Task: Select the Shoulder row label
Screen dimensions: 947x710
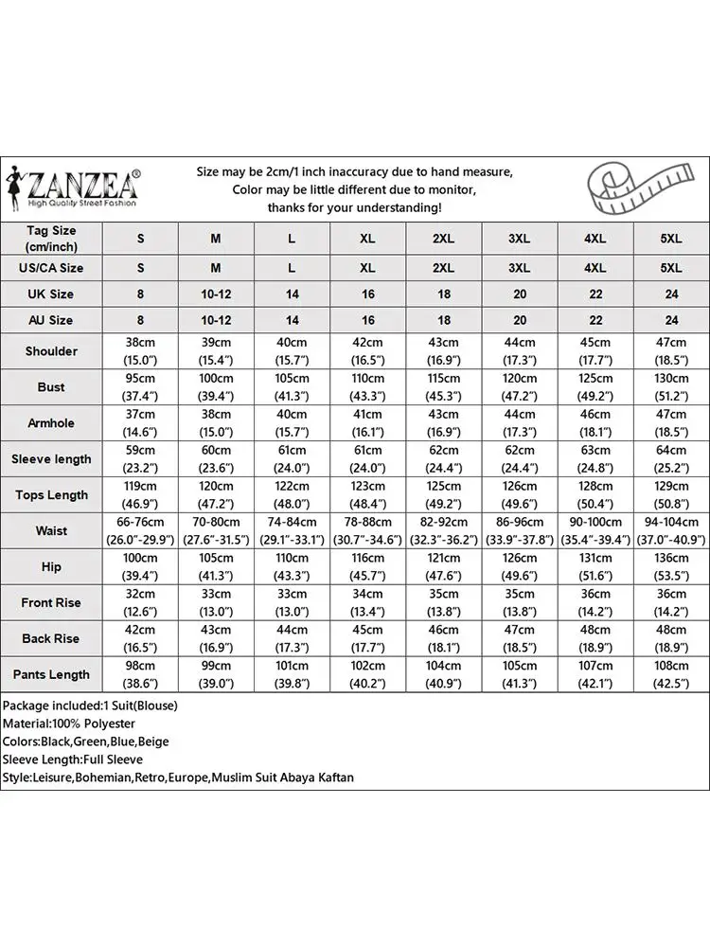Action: (x=51, y=351)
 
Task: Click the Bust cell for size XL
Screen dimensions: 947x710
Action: (x=367, y=387)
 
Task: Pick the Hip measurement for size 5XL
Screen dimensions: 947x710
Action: (x=671, y=566)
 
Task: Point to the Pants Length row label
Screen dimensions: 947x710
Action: (x=51, y=674)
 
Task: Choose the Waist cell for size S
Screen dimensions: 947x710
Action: (x=140, y=531)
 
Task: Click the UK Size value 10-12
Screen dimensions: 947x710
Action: (x=216, y=295)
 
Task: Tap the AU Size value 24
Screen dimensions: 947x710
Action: (x=671, y=320)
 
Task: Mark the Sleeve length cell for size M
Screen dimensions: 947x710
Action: (x=216, y=459)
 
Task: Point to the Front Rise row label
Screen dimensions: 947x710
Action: (x=51, y=602)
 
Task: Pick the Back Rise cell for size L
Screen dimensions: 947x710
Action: (x=292, y=639)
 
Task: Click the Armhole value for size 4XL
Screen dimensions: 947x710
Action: (x=595, y=423)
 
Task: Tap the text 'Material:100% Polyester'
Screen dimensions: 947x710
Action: (x=69, y=724)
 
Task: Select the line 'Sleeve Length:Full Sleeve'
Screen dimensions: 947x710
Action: (x=73, y=759)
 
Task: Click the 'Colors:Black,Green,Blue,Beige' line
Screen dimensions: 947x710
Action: (x=86, y=742)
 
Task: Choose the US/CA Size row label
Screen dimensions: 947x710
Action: (x=51, y=268)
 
